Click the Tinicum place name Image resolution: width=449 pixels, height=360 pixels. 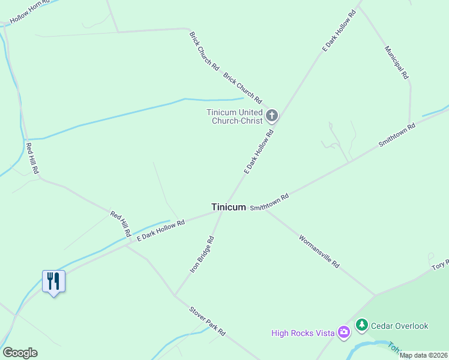(228, 207)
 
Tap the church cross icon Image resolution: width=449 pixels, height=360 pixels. (272, 115)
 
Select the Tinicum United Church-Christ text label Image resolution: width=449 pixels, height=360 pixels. (235, 116)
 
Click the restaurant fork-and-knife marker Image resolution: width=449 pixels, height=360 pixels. (53, 281)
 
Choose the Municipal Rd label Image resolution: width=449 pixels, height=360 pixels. (397, 63)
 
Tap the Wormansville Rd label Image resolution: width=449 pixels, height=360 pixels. (319, 251)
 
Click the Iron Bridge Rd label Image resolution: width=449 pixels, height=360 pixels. (202, 255)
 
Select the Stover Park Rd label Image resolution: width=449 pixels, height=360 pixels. (207, 320)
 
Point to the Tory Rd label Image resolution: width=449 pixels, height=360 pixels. (440, 264)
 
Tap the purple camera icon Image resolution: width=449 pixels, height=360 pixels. (343, 331)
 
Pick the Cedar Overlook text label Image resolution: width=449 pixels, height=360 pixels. (400, 326)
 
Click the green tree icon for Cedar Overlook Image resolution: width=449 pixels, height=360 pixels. (361, 325)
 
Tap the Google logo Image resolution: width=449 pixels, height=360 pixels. (20, 353)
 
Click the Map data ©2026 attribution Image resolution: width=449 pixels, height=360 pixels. (424, 355)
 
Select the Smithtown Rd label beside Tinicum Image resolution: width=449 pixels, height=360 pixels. (270, 202)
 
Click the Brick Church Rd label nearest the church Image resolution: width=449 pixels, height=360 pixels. (243, 88)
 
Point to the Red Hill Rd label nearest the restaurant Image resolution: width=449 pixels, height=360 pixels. (120, 223)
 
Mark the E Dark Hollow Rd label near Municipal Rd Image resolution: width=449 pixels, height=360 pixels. (339, 30)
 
